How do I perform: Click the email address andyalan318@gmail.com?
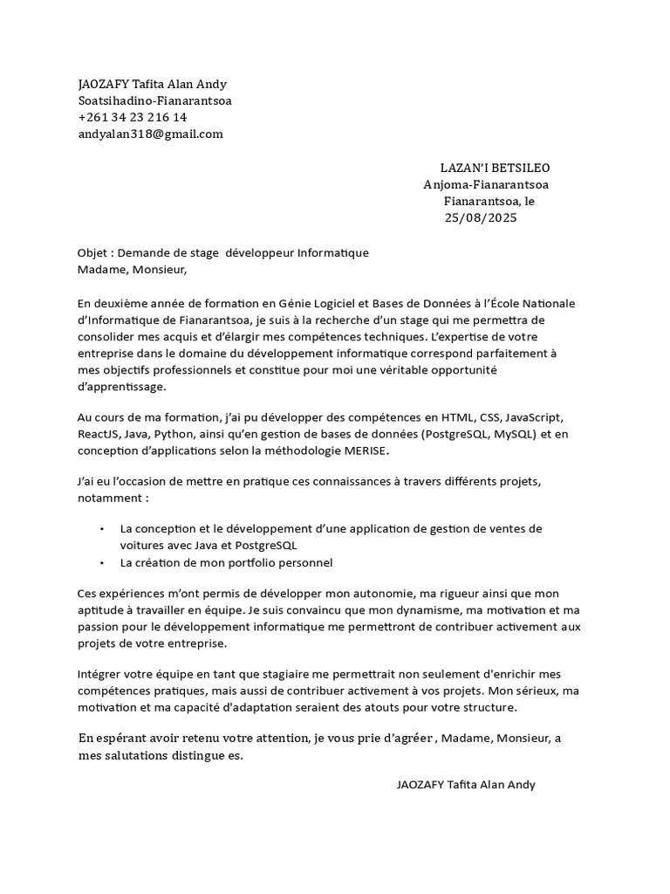150,134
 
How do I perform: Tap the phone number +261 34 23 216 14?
132,117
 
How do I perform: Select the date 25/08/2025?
481,217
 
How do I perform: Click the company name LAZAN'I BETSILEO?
495,168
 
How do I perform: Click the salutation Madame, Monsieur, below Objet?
132,269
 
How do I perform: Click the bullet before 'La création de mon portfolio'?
102,563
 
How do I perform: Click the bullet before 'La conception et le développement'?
102,529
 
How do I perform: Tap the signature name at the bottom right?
466,784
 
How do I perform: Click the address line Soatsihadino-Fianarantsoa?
154,100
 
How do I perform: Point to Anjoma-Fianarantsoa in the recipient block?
486,184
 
